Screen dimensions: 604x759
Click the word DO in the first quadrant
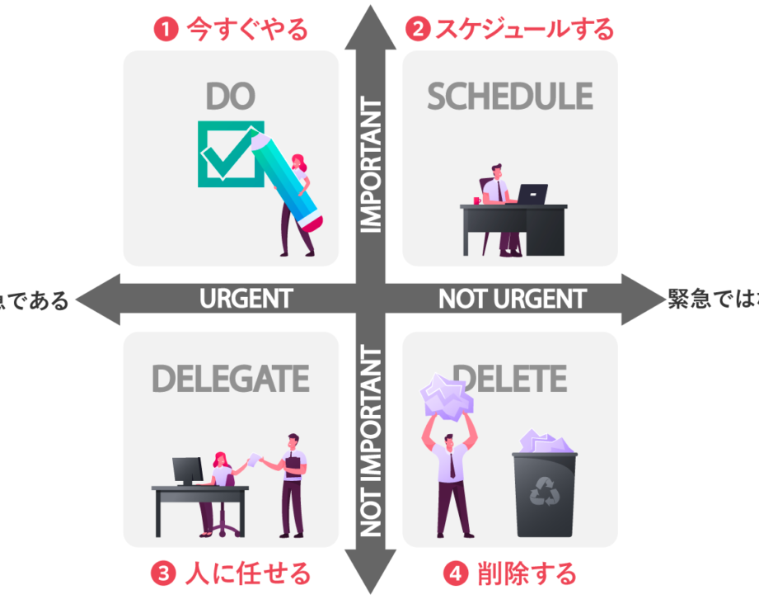[x=230, y=97]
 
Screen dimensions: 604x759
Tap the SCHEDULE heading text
[x=509, y=97]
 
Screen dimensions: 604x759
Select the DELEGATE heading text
[x=230, y=379]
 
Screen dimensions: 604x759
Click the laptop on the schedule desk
[x=532, y=195]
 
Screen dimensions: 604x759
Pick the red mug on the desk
[x=477, y=200]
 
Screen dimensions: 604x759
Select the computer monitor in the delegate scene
[x=187, y=470]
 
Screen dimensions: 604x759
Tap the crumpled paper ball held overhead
[x=447, y=395]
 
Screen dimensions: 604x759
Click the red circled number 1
[x=166, y=31]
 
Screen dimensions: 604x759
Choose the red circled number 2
[x=418, y=31]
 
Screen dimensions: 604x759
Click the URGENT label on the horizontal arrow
[x=246, y=299]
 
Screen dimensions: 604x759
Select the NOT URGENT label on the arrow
[x=513, y=299]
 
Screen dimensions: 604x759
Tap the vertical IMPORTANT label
[x=372, y=165]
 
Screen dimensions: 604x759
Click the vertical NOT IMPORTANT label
[x=372, y=441]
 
